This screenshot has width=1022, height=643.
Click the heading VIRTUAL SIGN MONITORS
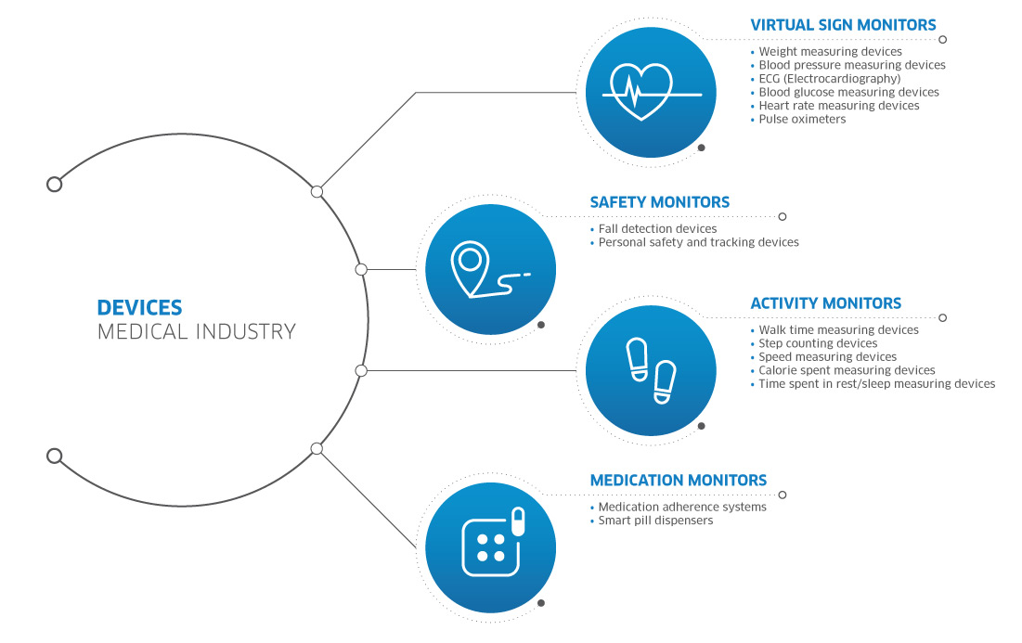coord(843,25)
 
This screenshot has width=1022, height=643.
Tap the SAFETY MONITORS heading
coord(660,202)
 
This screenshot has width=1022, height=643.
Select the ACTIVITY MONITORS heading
coord(826,303)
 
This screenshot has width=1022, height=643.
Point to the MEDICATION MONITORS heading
coord(678,481)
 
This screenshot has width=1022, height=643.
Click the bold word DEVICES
coord(139,307)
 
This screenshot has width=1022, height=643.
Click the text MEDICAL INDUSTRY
coord(196,331)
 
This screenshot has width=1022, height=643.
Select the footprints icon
coord(651,371)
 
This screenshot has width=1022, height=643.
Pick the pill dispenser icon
coord(493,542)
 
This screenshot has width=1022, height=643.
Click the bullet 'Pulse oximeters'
coord(802,119)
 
